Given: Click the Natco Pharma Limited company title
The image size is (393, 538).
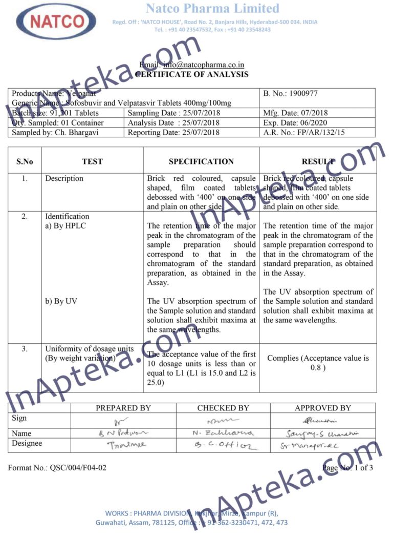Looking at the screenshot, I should coord(212,8).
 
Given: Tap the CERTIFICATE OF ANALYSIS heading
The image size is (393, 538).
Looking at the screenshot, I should coord(192,74).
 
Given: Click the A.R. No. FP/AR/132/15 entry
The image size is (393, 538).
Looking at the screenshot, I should coord(303,133).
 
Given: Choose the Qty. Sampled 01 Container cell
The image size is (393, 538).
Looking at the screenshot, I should coord(57,123).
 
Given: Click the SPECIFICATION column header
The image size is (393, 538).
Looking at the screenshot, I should coord(201,161).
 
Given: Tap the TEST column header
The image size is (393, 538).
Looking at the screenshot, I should coord(92,161).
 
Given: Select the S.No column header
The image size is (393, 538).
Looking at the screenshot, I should coord(25,161).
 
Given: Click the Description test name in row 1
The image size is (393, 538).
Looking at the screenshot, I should coord(64,178).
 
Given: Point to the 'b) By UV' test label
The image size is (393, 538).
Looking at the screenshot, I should coord(61,301).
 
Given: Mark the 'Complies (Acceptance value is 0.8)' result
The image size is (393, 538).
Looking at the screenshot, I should coord(318,363).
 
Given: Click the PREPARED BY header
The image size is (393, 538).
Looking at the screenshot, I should coord(123,408).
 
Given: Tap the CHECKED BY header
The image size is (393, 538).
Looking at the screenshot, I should coord(223,408).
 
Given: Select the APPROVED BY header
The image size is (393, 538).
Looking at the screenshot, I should coord(323,408).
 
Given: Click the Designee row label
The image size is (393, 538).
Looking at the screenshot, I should coord(27,443).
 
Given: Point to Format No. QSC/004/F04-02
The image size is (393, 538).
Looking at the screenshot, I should coord(57,468).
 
